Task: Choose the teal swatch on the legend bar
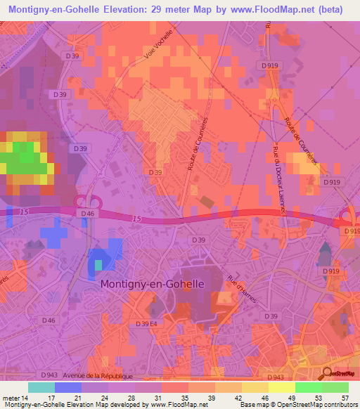click(41, 387)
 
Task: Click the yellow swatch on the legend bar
click(281, 387)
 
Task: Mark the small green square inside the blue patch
click(98, 265)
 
